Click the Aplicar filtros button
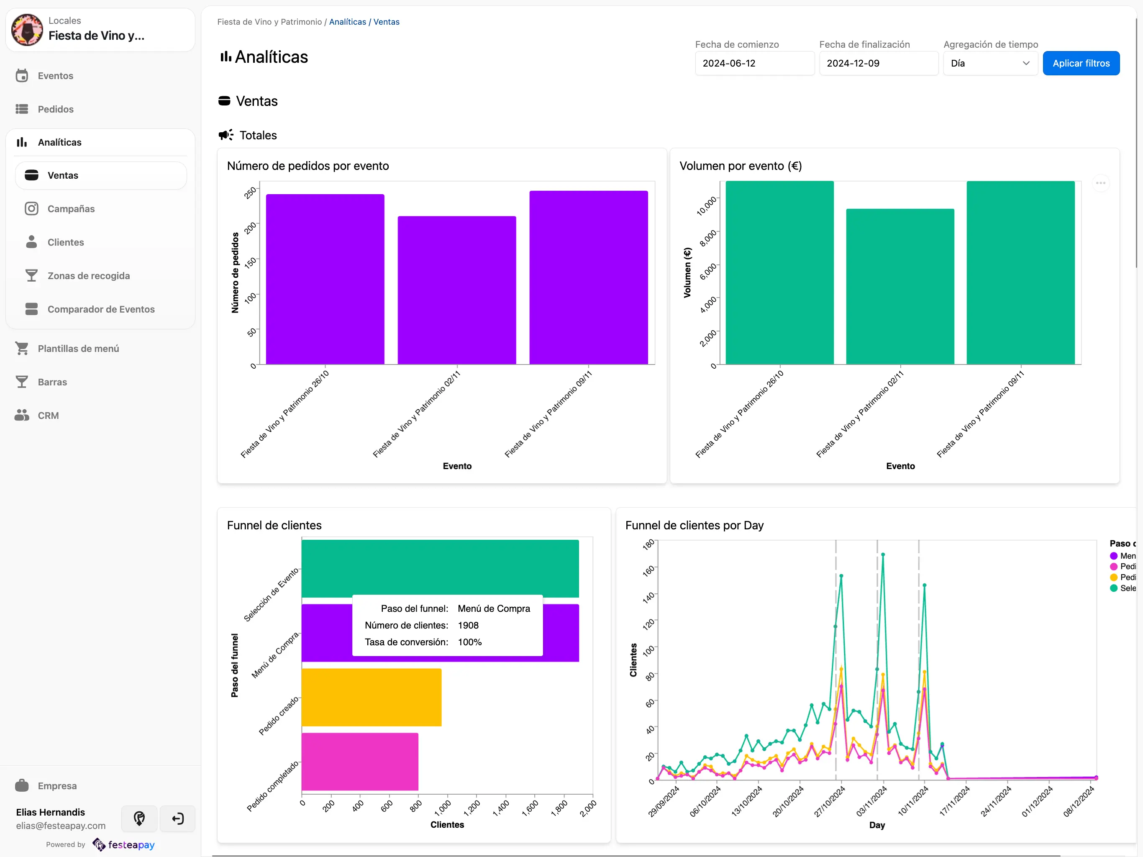[x=1081, y=63]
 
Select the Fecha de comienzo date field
[x=754, y=63]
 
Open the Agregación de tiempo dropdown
[x=989, y=63]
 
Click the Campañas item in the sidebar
[x=71, y=209]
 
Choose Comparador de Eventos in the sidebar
[x=101, y=309]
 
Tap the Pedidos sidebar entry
[x=55, y=109]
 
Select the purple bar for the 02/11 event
[x=456, y=290]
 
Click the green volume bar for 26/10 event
[x=779, y=272]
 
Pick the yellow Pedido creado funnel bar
[x=371, y=697]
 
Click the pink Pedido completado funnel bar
[x=360, y=761]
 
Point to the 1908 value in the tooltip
[x=468, y=626]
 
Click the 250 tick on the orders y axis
[x=250, y=193]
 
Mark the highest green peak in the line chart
[x=883, y=554]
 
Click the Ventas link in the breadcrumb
[x=386, y=22]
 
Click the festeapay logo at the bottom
[x=124, y=844]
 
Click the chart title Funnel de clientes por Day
[x=694, y=525]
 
